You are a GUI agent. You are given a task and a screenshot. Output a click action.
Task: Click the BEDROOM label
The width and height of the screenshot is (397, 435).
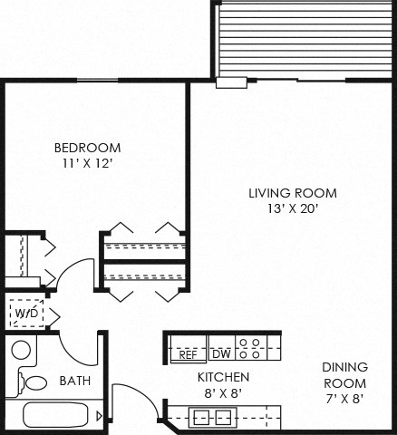pos(87,148)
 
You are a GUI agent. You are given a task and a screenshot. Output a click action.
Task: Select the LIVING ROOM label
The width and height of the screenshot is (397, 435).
pos(280,193)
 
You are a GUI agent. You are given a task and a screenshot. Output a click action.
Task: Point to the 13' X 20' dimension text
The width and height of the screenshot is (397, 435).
pos(280,208)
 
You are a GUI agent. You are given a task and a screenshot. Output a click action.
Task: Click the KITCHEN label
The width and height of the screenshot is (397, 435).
pos(223,376)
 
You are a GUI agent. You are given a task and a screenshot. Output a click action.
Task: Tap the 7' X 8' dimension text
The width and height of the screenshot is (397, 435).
pos(344,397)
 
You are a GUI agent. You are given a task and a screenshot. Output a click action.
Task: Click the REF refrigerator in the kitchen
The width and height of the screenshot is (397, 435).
pos(188,354)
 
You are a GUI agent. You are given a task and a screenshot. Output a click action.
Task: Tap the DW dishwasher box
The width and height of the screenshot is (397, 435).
pos(221,354)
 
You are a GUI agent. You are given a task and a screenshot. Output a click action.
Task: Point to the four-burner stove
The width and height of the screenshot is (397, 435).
pos(253,350)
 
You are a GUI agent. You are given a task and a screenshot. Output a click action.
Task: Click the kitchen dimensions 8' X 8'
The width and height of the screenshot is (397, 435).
pos(223,391)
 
